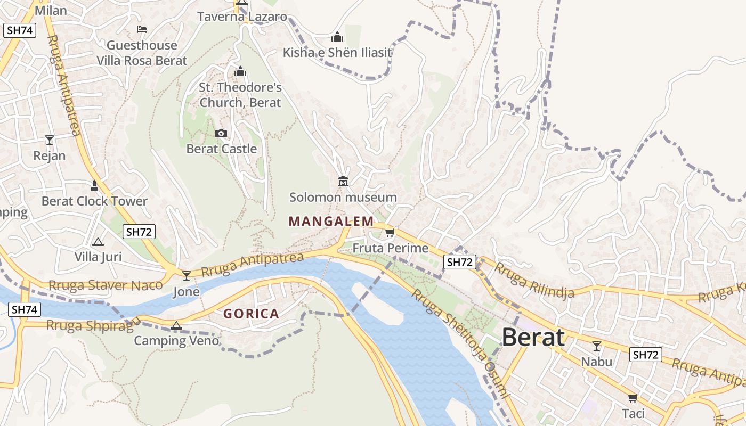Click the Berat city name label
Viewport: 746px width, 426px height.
click(533, 338)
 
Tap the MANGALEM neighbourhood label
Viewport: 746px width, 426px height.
click(331, 221)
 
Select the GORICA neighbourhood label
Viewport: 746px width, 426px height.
click(251, 314)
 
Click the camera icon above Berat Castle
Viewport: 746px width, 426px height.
click(221, 133)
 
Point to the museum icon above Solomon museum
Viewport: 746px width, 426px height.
click(343, 182)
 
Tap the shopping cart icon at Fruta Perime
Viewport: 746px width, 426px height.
click(390, 233)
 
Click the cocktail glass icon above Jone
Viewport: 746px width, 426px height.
click(186, 275)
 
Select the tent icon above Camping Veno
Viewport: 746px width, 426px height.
click(176, 325)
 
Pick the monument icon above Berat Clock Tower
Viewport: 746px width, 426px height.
click(94, 186)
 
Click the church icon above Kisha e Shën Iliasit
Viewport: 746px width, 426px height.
click(337, 37)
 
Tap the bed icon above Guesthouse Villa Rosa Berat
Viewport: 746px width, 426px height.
click(141, 29)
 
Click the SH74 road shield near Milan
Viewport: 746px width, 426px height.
click(20, 30)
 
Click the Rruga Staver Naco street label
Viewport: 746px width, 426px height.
click(105, 285)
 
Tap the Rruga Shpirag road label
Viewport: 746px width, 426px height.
click(90, 325)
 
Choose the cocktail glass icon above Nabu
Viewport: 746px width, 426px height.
click(597, 346)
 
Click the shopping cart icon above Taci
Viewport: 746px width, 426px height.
click(633, 398)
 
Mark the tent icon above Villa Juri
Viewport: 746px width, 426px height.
click(98, 242)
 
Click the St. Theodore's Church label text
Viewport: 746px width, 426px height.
click(240, 94)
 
